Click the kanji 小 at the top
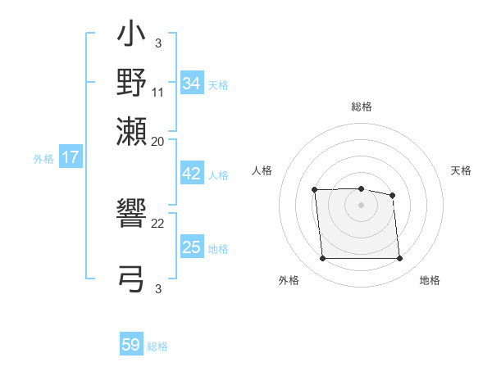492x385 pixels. click(132, 35)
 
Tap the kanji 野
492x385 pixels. click(132, 82)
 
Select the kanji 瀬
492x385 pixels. click(132, 130)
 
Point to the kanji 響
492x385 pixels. click(132, 216)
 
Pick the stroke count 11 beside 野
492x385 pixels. click(158, 93)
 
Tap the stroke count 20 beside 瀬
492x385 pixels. click(158, 141)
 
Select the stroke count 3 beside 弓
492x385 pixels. click(158, 288)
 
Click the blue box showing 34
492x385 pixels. click(191, 83)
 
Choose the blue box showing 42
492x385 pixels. click(191, 173)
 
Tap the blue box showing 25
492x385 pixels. click(191, 247)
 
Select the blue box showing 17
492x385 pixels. click(70, 157)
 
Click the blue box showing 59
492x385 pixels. click(131, 345)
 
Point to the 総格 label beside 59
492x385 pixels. click(157, 346)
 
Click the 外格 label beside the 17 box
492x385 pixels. click(43, 159)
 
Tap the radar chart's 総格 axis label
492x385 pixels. click(362, 106)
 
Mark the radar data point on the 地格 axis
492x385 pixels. click(399, 259)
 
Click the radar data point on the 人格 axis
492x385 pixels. click(315, 190)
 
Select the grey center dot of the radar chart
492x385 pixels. click(361, 205)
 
